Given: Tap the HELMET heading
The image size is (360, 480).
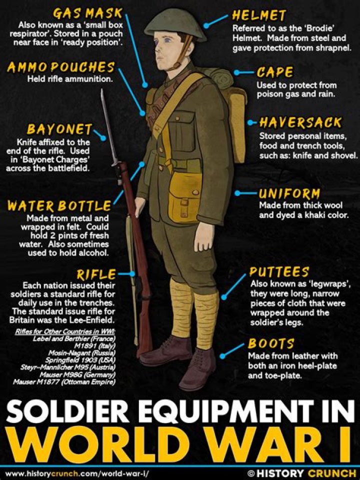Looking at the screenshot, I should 258,15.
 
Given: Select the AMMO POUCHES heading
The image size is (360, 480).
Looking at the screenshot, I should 60,67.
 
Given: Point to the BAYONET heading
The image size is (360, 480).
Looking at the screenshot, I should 59,130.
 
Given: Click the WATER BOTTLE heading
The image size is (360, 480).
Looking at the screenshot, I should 59,206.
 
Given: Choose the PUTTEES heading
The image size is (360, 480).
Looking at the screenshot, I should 279,272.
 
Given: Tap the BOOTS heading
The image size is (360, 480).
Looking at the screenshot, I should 271,344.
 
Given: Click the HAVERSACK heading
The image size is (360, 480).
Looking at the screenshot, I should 300,122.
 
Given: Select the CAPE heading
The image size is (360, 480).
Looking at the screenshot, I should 274,73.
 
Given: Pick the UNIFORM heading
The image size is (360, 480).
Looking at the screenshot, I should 289,193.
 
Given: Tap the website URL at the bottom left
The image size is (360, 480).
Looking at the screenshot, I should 77,472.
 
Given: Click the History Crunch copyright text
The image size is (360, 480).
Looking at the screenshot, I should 302,472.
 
